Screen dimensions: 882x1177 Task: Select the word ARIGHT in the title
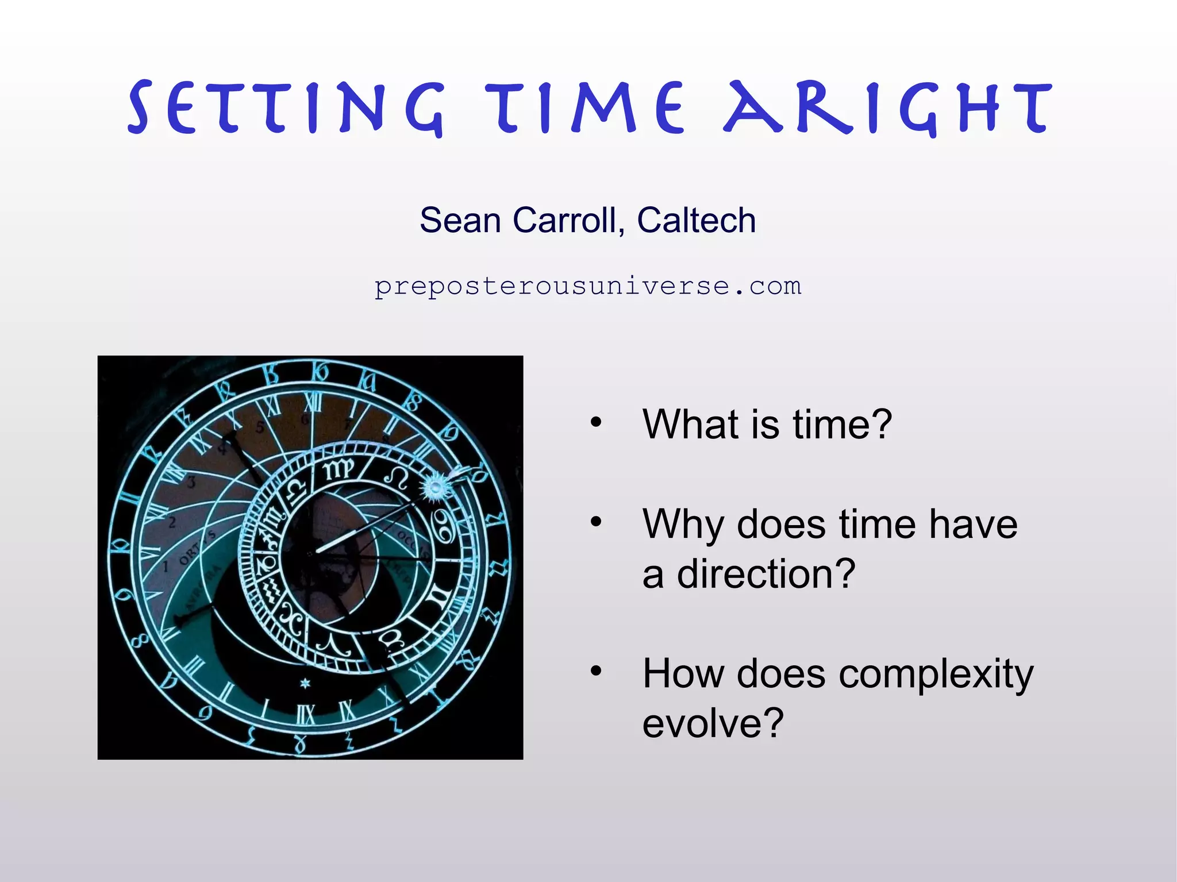[x=888, y=108]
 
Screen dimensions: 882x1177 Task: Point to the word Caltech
[x=696, y=220]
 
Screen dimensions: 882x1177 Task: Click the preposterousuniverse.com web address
[x=587, y=286]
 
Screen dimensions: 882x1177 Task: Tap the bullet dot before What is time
[x=596, y=423]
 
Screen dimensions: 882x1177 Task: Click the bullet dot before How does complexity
[x=596, y=671]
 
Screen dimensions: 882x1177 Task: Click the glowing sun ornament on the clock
[x=435, y=488]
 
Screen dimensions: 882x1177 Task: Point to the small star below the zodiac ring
[x=305, y=683]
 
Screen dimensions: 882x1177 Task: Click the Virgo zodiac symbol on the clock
[x=338, y=470]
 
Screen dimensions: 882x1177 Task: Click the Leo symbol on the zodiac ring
[x=396, y=476]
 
